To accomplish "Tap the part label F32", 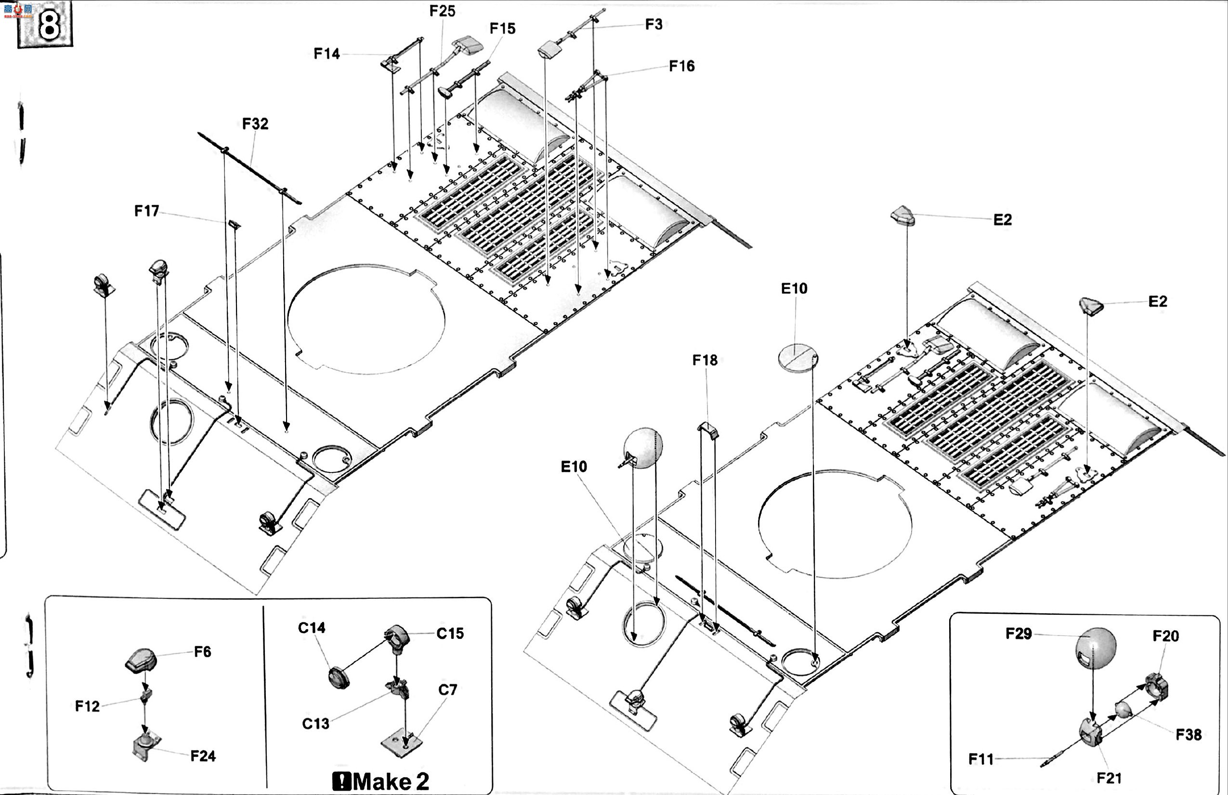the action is tap(255, 124).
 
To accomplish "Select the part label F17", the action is tap(146, 211).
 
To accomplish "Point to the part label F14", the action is tap(327, 53).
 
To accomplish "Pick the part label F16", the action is tap(681, 66).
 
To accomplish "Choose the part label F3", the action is tap(654, 25).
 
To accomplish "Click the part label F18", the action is tap(705, 360).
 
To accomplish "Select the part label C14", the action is tap(312, 628).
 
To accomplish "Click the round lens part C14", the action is tap(339, 677).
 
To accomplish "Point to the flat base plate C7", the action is tap(402, 743).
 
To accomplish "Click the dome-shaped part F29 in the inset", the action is tap(1096, 649).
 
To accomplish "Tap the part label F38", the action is tap(1189, 735).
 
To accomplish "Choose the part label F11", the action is tap(981, 759).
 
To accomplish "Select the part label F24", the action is tap(203, 756).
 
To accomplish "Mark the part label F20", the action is tap(1165, 636).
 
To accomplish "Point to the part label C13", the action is tap(315, 724).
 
